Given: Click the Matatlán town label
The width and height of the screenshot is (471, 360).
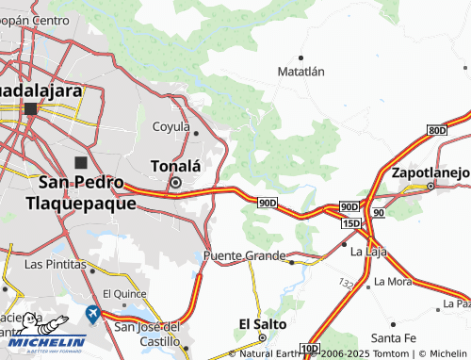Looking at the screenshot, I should click(301, 71).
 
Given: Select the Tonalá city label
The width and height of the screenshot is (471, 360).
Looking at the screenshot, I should click(176, 166).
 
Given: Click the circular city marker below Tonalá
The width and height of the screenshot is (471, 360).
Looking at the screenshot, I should click(175, 182).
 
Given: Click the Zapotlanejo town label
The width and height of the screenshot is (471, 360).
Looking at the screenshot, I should click(430, 173).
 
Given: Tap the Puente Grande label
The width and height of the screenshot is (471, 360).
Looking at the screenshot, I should click(244, 255).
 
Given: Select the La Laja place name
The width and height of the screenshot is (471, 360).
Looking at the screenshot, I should click(368, 253).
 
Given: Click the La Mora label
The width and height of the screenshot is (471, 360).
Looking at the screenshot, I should click(392, 281).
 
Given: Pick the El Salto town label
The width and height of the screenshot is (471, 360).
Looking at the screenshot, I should click(257, 323).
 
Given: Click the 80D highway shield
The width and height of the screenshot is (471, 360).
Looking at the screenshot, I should click(435, 129).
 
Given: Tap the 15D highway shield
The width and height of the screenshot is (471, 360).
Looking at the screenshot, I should click(351, 222).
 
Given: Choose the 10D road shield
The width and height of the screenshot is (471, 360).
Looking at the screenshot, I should click(310, 350).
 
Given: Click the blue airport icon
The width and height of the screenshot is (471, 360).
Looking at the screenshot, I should click(92, 313).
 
